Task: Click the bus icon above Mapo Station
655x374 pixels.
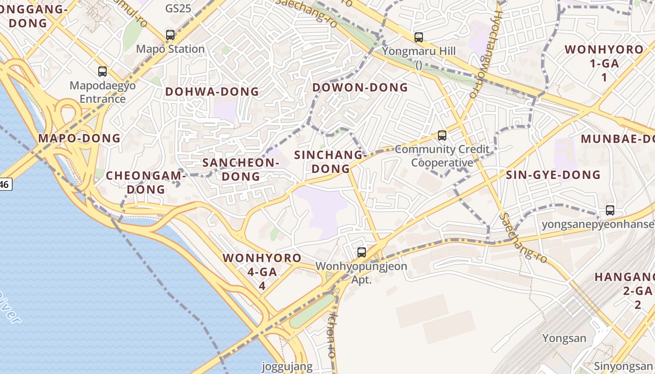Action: point(170,35)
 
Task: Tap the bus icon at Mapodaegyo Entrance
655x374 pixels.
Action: point(102,72)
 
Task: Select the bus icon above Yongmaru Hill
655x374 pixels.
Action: point(419,37)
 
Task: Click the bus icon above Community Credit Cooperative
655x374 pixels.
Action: point(442,136)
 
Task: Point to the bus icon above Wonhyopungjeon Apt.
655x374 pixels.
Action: point(362,252)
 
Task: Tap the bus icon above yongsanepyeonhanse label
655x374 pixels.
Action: point(610,210)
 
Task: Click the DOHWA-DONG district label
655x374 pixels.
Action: point(212,92)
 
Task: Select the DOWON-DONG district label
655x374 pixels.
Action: point(360,87)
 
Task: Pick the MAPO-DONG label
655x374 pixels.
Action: point(79,138)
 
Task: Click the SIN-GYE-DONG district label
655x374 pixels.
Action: point(553,175)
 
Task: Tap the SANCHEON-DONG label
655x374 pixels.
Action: point(241,169)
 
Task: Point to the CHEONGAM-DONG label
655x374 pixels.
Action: point(146,182)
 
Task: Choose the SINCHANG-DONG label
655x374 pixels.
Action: point(331,162)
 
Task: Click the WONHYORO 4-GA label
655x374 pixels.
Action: point(262,271)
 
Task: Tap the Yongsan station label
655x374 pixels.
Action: point(564,338)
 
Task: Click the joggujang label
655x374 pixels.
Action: point(287,367)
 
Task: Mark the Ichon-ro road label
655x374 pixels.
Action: point(333,335)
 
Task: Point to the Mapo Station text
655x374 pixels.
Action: point(170,49)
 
